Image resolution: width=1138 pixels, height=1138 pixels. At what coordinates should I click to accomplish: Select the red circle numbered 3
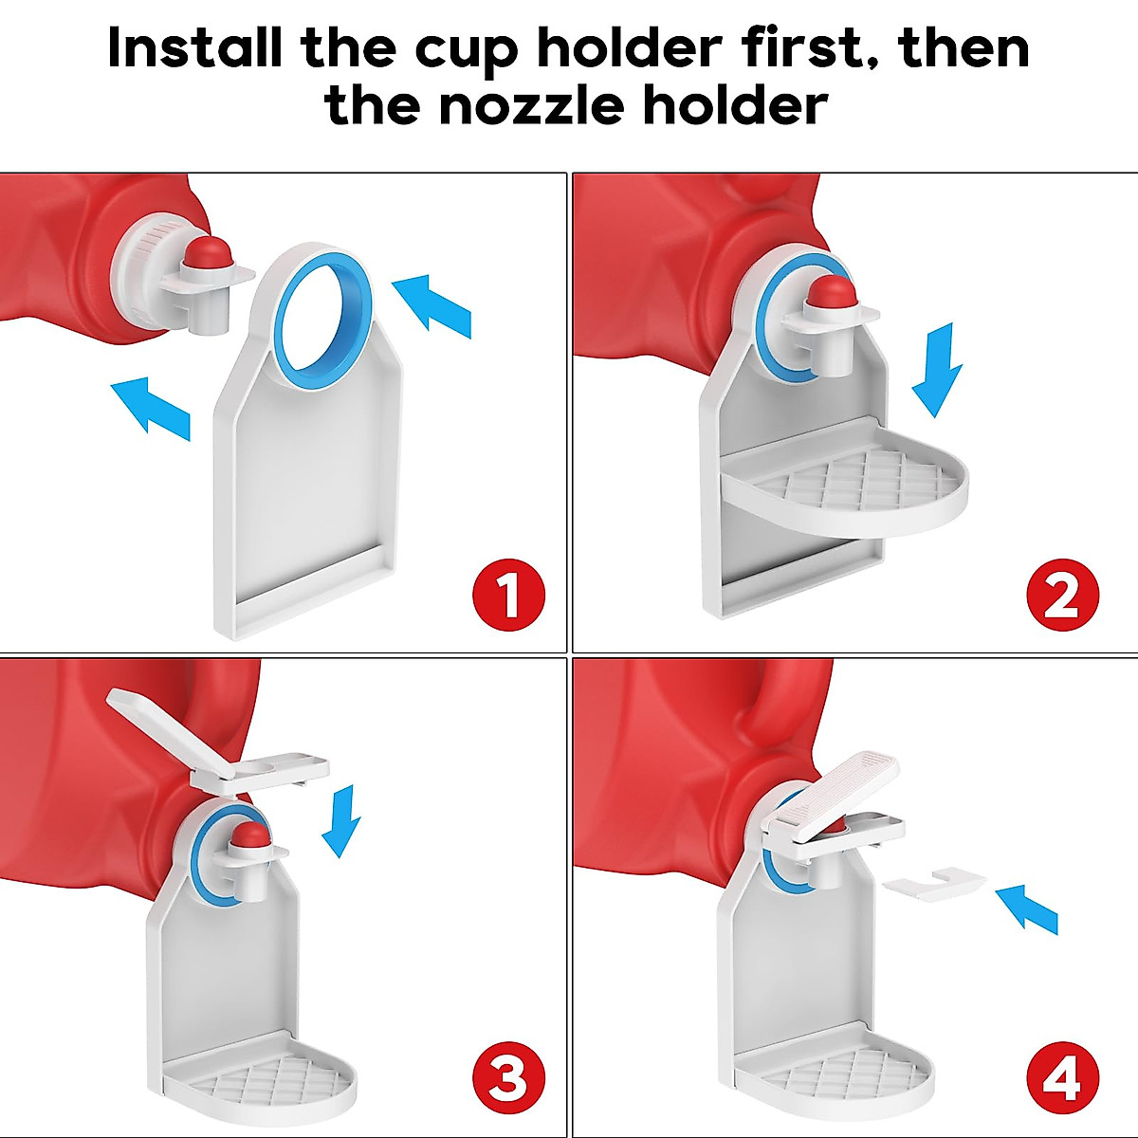509,1076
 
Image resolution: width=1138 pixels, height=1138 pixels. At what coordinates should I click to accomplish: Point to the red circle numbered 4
1062,1076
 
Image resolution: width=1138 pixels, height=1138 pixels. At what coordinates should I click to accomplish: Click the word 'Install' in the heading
195,47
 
